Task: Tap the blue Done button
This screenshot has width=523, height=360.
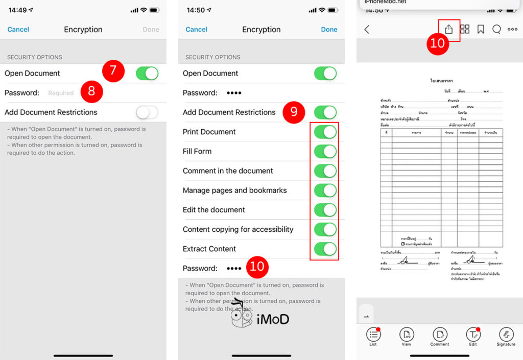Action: [329, 30]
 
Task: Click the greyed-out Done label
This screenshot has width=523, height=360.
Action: [151, 30]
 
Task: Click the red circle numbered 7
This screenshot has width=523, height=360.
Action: [113, 71]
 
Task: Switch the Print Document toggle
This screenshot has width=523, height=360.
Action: [325, 132]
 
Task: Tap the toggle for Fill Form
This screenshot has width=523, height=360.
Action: [325, 151]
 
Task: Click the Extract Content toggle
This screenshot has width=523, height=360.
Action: [325, 249]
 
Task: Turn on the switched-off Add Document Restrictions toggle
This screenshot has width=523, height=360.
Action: [147, 112]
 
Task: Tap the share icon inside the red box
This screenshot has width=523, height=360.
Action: [448, 30]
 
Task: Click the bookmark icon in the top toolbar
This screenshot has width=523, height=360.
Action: [481, 30]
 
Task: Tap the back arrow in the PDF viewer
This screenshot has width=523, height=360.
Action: [367, 30]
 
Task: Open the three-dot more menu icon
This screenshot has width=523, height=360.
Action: [512, 30]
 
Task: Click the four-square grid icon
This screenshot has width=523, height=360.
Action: [465, 30]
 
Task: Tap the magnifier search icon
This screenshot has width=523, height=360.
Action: [496, 30]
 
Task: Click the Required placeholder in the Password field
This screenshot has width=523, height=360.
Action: [61, 93]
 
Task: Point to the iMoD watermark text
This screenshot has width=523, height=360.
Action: [273, 319]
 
